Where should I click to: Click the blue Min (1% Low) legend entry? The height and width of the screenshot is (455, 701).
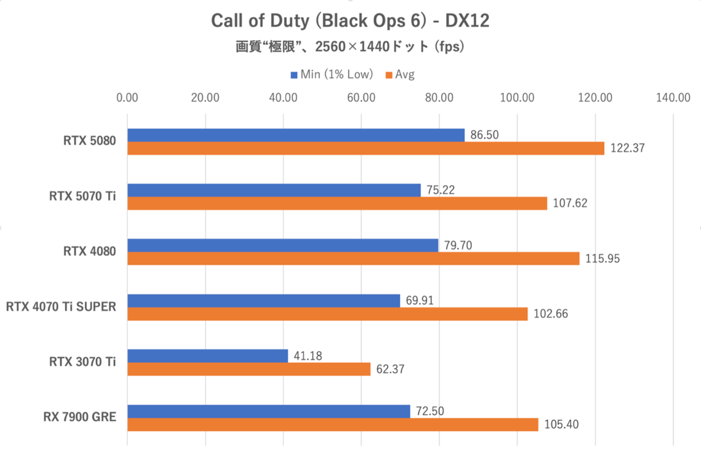pos(331,74)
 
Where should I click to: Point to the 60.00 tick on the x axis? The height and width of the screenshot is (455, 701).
pos(361,97)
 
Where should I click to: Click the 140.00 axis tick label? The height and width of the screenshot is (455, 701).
pos(673,97)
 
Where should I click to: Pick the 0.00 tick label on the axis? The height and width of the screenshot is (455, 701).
pos(127,97)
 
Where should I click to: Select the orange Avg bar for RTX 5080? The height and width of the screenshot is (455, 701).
pos(366,149)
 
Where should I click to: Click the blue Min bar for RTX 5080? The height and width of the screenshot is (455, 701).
pos(296,135)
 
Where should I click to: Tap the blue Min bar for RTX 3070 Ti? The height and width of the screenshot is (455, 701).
pos(207,356)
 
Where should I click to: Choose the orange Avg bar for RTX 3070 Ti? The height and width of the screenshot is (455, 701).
pos(249,369)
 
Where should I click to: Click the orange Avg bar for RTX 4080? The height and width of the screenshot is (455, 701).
pos(353,259)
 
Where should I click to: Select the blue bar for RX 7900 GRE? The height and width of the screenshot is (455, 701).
pos(269,411)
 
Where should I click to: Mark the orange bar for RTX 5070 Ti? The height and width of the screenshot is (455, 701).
pos(337,204)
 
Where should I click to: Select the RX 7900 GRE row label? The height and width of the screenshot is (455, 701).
pos(79,416)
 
